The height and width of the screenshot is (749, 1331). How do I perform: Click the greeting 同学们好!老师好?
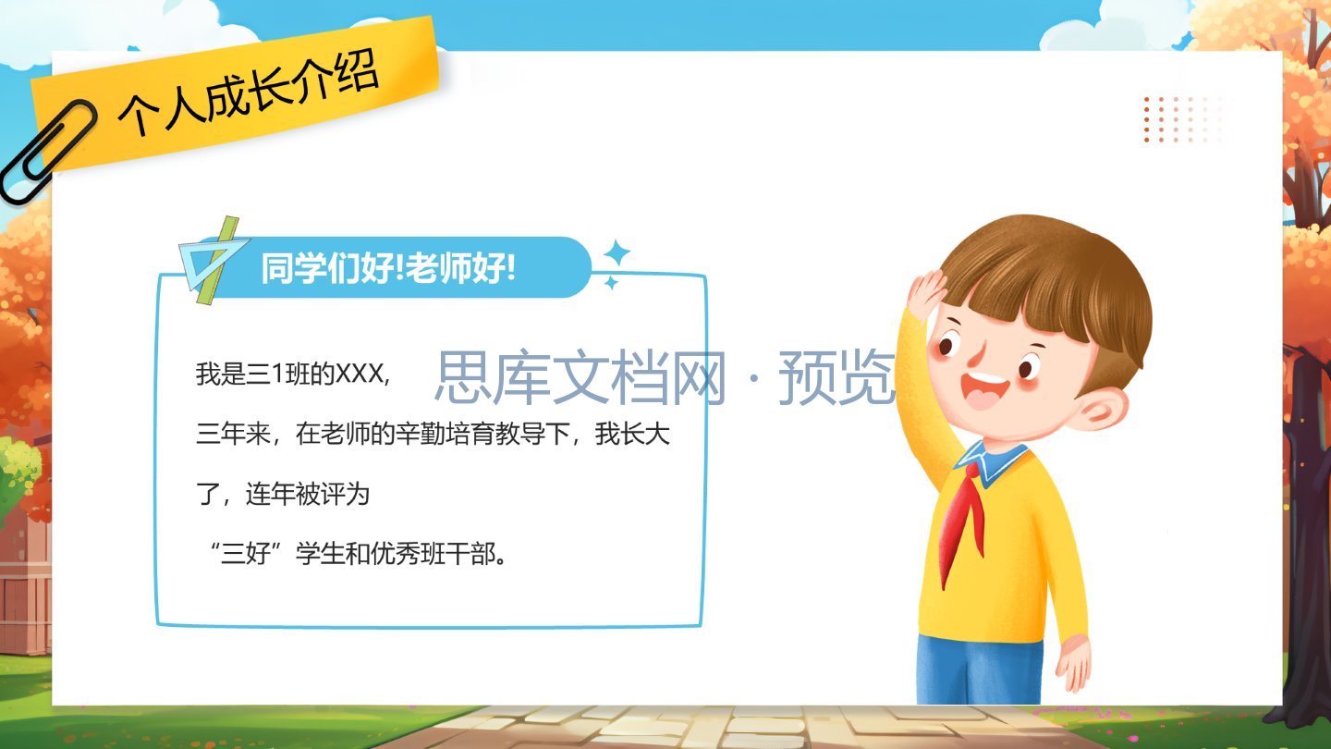[x=388, y=267]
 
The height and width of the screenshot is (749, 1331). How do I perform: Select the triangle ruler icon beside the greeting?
[x=213, y=261]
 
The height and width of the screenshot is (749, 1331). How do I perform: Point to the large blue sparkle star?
[x=617, y=253]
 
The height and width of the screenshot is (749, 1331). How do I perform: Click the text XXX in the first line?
[x=360, y=374]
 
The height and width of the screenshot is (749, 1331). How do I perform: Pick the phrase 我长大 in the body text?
[x=632, y=434]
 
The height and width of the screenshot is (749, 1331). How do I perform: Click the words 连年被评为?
[x=308, y=495]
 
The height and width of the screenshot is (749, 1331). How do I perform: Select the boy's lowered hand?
[x=1073, y=663]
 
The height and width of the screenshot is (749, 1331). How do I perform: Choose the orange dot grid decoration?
[x=1181, y=119]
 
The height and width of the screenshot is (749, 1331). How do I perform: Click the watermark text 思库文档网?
[x=580, y=377]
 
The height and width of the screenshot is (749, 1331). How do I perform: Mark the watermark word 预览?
[x=837, y=377]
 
